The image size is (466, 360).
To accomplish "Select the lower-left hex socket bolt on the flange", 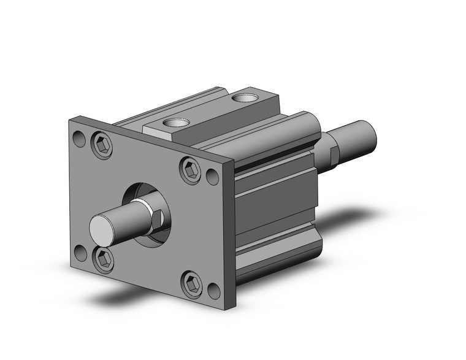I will (x=103, y=259).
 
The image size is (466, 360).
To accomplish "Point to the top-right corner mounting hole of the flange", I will (x=212, y=177).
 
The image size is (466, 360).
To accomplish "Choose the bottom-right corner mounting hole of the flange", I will (x=213, y=291).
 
